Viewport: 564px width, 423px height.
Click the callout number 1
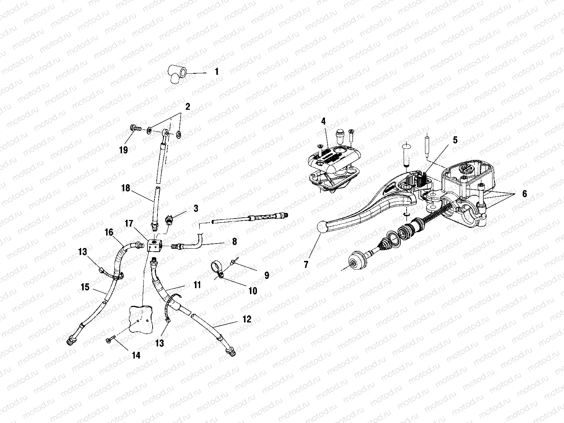click(217, 72)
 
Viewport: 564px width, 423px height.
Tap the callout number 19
click(123, 150)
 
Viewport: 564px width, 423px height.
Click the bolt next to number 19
click(135, 129)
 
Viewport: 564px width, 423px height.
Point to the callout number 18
click(126, 188)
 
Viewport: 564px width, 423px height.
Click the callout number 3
click(195, 209)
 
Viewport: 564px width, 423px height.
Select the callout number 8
click(234, 242)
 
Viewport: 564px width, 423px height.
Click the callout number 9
click(267, 275)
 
